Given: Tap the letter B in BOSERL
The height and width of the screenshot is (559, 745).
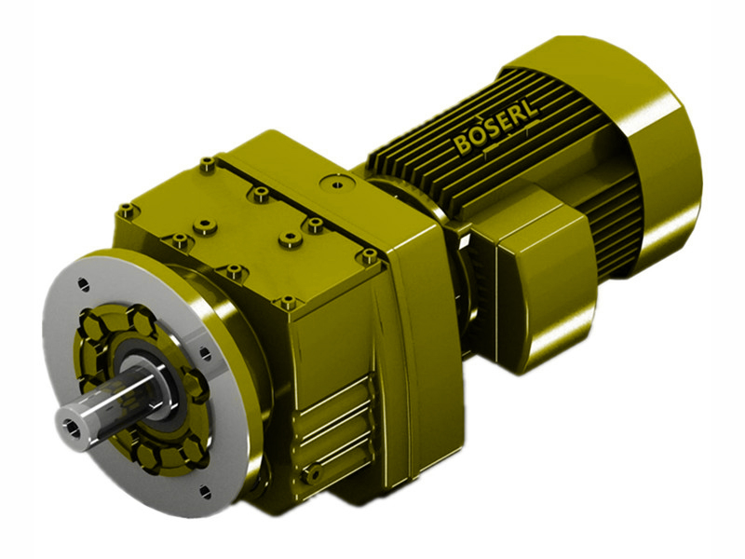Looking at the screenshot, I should click(x=463, y=147).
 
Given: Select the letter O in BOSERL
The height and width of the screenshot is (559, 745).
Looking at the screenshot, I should click(x=474, y=143).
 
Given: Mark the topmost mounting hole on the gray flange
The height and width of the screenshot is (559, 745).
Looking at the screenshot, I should click(x=83, y=282).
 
